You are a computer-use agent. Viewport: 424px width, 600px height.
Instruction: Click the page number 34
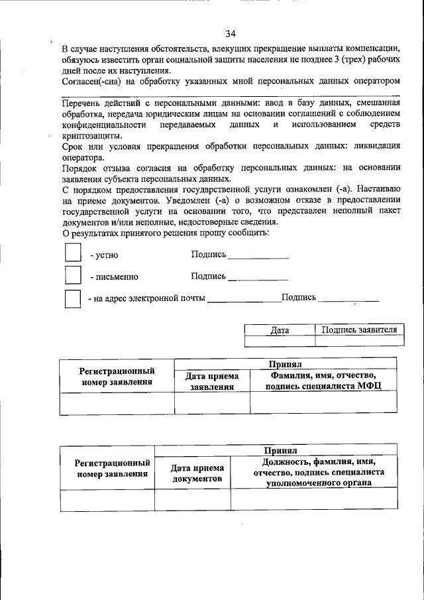(231, 34)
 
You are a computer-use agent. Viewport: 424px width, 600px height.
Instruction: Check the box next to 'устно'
(72, 253)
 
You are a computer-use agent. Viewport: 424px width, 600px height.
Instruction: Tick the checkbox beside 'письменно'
(72, 275)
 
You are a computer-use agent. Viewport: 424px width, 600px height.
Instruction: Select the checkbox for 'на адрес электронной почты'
(72, 298)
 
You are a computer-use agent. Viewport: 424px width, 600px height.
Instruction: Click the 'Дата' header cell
(280, 330)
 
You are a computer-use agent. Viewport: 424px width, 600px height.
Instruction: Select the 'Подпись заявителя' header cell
(359, 330)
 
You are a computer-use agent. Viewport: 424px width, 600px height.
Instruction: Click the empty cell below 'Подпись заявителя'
(359, 341)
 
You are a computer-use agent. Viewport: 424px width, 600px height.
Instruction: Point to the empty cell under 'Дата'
(280, 341)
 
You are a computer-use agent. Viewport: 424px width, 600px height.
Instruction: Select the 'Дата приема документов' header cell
(192, 473)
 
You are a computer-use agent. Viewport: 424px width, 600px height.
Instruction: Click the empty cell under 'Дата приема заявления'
(212, 403)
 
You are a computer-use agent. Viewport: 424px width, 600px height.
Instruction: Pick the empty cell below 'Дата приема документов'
(192, 500)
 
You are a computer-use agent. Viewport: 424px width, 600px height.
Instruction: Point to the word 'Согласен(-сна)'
(91, 82)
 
